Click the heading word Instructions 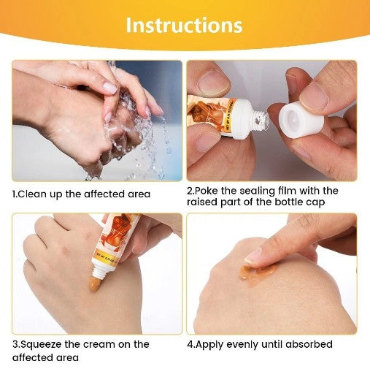coord(184,25)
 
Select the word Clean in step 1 coord(31,194)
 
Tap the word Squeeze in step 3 coord(42,343)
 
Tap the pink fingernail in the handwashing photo coord(110,88)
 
